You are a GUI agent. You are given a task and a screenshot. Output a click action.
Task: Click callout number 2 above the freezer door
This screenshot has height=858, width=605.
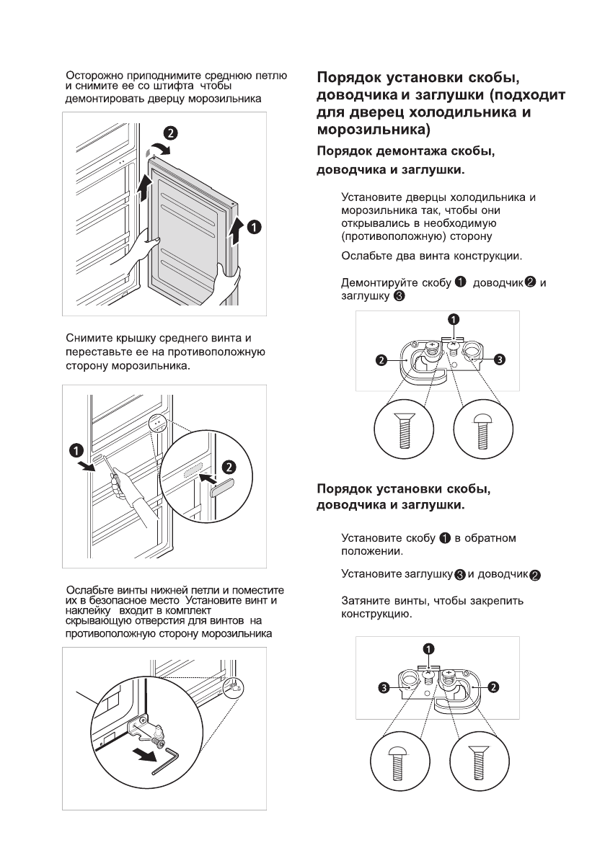169,133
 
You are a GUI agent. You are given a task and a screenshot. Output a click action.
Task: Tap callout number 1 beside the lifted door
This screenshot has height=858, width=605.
254,227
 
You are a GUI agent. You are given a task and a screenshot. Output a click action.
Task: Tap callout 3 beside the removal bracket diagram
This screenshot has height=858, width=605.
499,358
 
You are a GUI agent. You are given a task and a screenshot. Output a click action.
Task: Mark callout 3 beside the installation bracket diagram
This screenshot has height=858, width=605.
385,688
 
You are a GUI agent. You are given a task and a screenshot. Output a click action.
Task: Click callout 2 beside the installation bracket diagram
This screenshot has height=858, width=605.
493,687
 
